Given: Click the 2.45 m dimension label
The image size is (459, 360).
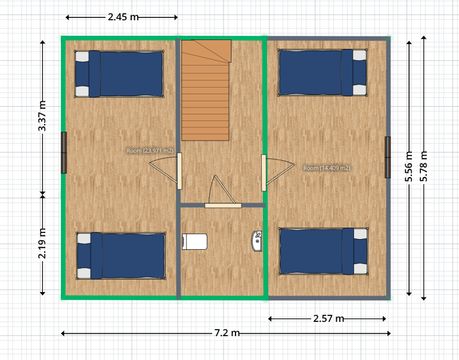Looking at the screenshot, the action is click(123, 17).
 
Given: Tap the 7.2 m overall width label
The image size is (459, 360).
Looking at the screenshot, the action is click(227, 333).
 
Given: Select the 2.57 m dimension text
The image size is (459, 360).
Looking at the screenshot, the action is click(328, 318).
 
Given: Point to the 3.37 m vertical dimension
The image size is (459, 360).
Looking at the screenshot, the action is click(42, 116).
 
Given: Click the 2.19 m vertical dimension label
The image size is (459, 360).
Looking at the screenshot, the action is click(42, 243).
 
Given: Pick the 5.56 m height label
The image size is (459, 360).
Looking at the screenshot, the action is click(409, 166).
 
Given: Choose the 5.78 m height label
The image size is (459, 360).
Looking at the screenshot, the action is click(424, 166).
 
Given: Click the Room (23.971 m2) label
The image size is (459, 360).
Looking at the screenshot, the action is click(150, 151).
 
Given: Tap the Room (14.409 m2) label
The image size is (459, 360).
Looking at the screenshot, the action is click(327, 168).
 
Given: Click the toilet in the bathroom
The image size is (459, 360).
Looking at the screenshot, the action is click(195, 242).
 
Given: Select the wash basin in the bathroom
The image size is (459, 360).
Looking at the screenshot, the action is click(257, 241).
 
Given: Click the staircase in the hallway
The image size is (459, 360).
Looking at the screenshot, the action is click(206, 90).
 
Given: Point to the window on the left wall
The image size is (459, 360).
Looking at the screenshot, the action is click(64, 153).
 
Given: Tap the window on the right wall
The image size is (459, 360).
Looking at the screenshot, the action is click(388, 157).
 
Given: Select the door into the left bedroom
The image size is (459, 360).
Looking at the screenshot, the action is click(165, 171).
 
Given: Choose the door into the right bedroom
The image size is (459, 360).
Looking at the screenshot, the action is click(278, 173).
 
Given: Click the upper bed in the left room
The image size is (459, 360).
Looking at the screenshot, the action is click(119, 74).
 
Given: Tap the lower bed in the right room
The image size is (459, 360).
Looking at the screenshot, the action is click(324, 252).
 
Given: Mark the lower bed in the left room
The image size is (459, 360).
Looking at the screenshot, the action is click(121, 256).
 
